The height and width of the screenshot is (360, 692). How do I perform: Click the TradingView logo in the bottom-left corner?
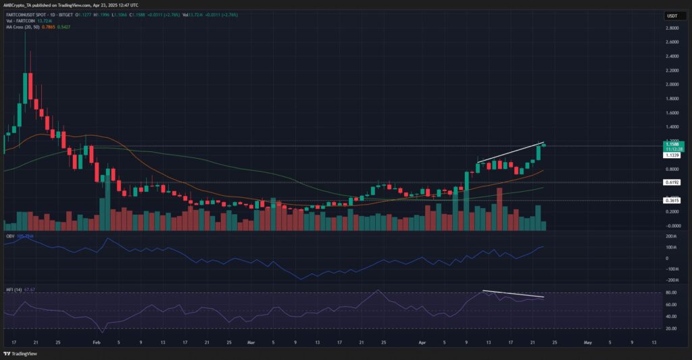(x=20, y=353)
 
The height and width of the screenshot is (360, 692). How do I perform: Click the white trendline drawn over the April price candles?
(x=510, y=153)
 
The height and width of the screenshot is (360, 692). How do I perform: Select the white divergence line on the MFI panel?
(x=514, y=294)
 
